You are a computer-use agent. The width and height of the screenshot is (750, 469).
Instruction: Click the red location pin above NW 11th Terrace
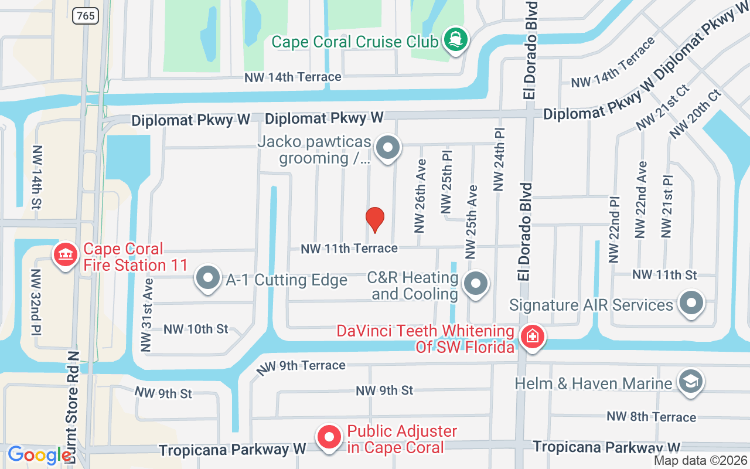[x=374, y=219]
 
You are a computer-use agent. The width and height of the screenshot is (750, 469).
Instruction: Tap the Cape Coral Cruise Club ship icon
[x=455, y=40]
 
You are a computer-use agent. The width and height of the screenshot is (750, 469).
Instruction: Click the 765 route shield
[x=86, y=16]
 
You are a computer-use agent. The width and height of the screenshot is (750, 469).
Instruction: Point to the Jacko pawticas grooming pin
[x=387, y=147]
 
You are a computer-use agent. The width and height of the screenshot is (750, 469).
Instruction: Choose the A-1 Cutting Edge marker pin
[x=207, y=278]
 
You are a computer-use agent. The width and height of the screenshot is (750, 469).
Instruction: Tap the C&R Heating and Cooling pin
[x=476, y=284]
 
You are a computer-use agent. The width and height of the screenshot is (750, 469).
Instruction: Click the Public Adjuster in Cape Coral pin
[x=329, y=437]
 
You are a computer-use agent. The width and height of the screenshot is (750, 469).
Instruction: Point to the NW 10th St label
[x=196, y=329]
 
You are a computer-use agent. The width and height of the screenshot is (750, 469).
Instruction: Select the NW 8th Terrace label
[x=652, y=417]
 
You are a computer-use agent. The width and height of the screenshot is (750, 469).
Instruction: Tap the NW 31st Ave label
[x=146, y=315]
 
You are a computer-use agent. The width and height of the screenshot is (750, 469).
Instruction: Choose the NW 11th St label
[x=664, y=274]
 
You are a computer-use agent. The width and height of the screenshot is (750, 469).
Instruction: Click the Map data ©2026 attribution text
[x=700, y=461]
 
